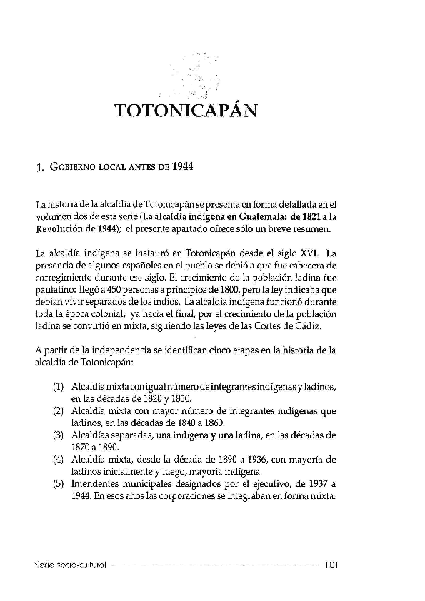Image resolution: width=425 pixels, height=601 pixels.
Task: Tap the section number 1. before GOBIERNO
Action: click(39, 168)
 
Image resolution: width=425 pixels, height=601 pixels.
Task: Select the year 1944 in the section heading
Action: click(183, 167)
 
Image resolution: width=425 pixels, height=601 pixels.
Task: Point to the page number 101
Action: click(330, 564)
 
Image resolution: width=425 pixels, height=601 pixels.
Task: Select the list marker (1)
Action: click(59, 386)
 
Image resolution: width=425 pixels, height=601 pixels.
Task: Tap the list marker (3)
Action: click(59, 433)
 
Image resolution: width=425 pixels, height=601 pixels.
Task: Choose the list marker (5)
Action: click(59, 482)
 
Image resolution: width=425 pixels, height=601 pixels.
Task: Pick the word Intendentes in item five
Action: click(96, 482)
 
